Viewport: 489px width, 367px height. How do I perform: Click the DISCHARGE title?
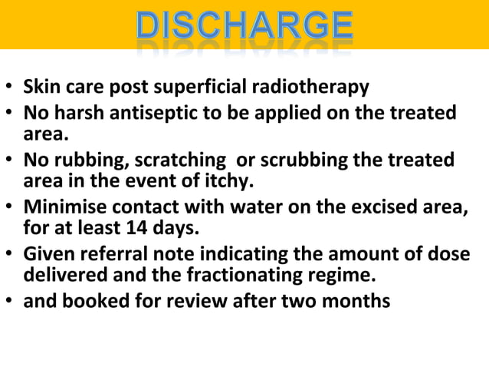[x=244, y=27]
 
